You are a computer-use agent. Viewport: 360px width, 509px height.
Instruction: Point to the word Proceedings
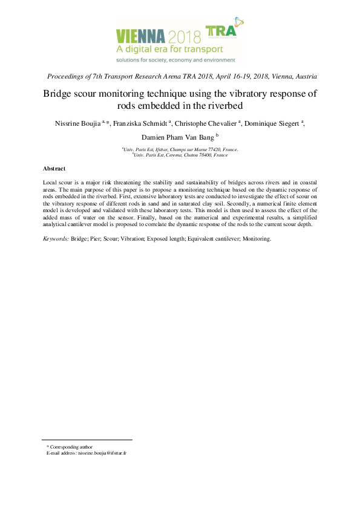pos(68,77)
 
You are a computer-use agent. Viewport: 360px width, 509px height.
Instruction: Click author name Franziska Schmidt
pos(140,123)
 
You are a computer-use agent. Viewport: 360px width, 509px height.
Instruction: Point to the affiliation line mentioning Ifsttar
pos(180,149)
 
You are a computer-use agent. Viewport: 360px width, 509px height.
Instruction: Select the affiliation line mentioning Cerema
pos(180,155)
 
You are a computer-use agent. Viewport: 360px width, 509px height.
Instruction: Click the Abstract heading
pos(54,168)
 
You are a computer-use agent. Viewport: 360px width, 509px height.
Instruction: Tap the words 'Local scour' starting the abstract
pos(58,182)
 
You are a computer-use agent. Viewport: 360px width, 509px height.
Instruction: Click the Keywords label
pos(56,239)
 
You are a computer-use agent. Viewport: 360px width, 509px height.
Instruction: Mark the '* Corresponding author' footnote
pos(70,446)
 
